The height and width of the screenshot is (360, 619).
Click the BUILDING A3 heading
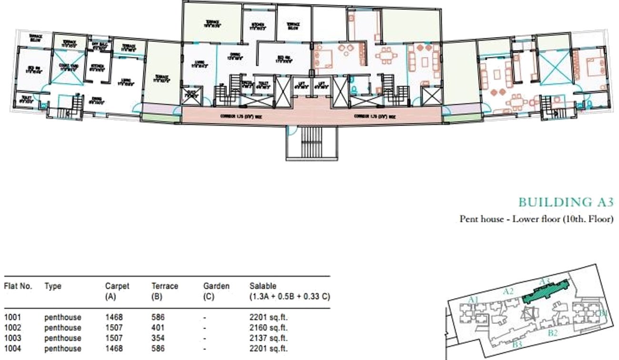566,202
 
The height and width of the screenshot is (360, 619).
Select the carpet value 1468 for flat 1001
114,317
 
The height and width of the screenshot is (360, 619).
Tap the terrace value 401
158,328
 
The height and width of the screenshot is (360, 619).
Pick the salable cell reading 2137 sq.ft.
269,338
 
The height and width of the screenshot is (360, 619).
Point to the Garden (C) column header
216,291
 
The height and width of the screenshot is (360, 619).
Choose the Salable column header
290,291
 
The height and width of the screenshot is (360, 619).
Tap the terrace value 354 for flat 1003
158,338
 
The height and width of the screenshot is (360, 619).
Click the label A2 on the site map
508,291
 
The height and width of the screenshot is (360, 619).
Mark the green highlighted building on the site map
546,291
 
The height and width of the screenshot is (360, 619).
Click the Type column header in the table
53,286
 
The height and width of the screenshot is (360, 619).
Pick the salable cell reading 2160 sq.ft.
269,328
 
